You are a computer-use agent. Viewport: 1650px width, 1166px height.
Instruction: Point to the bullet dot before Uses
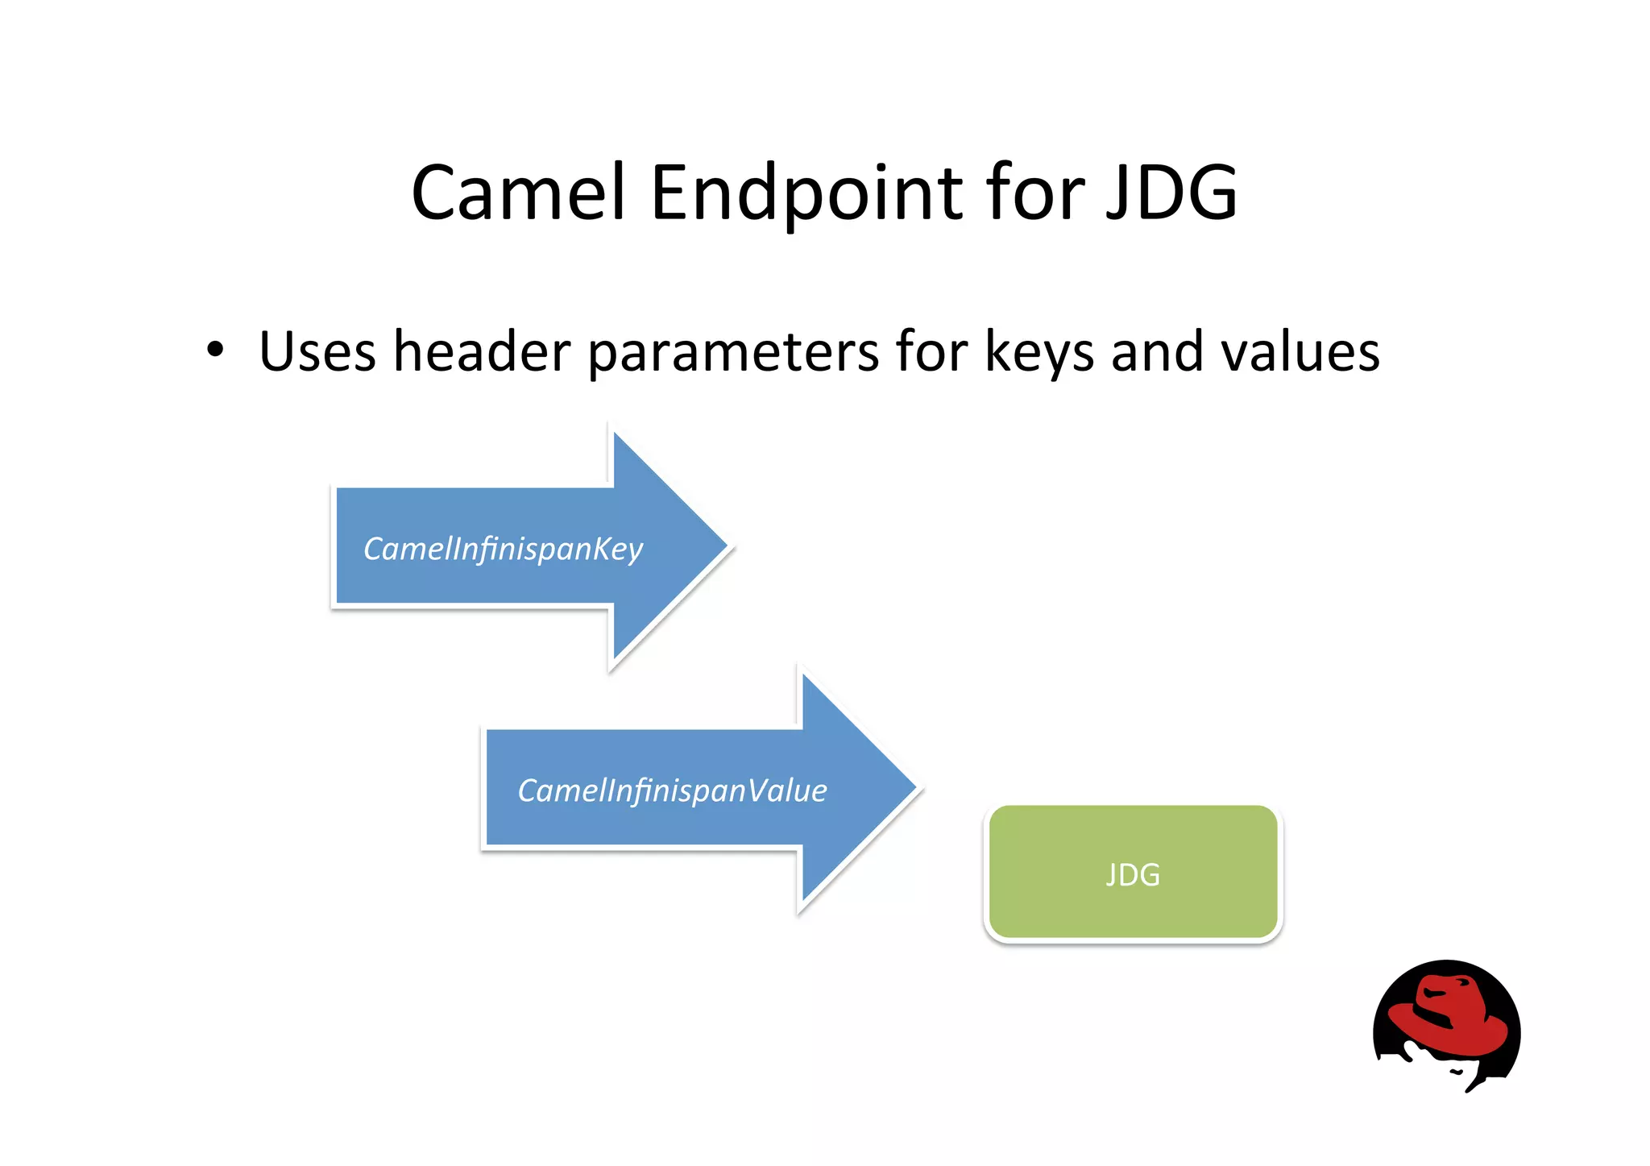pos(214,350)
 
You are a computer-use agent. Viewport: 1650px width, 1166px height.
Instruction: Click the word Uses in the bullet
pos(317,352)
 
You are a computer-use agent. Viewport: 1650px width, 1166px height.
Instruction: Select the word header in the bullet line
pos(482,352)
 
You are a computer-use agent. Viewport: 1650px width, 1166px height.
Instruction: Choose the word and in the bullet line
pos(1157,352)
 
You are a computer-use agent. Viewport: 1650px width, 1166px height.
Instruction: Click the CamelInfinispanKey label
pos(503,549)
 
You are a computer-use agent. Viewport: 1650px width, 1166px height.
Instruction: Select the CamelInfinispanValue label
pos(672,790)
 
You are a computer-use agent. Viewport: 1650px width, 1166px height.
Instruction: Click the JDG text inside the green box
pos(1132,875)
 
